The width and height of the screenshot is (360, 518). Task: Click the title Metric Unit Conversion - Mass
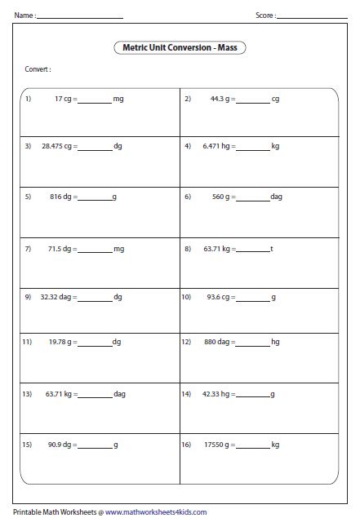(180, 48)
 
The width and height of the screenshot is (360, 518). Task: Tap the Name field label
(24, 15)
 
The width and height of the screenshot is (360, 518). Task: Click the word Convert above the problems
(38, 70)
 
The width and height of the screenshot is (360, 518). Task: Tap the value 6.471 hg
(217, 147)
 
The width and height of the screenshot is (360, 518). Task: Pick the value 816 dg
(60, 197)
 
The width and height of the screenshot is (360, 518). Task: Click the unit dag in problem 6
(276, 197)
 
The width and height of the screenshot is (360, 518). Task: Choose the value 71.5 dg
(60, 247)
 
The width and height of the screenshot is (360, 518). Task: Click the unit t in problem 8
(271, 247)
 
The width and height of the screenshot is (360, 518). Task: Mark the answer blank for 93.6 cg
(253, 299)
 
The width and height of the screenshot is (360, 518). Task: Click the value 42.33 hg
(219, 394)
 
